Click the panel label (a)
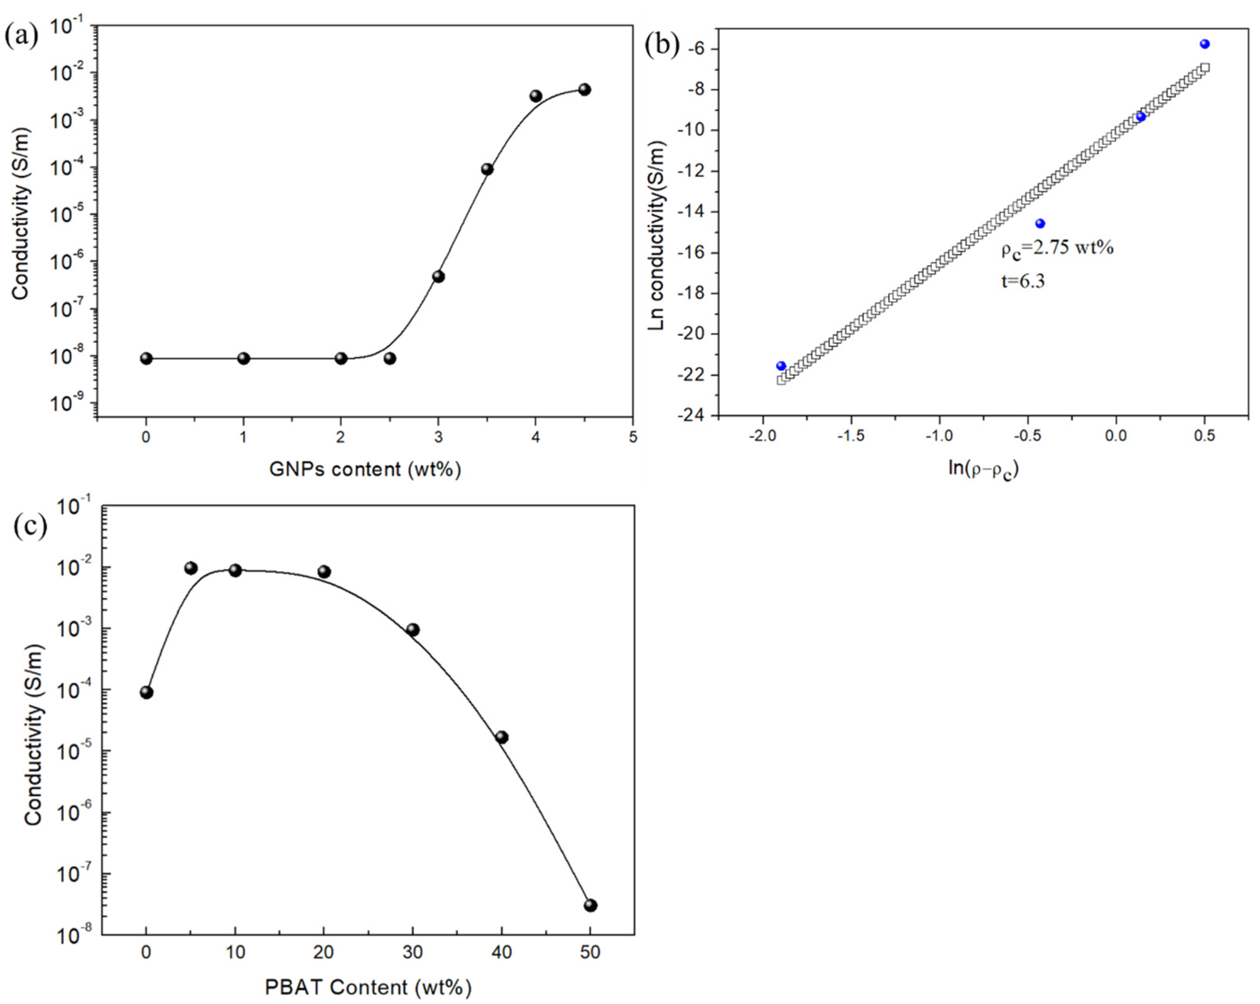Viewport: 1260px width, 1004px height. coord(21,36)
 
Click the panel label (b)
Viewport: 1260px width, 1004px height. coord(662,45)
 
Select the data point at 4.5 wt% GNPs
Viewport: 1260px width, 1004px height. coord(585,89)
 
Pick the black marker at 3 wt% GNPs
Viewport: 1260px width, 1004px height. coord(438,276)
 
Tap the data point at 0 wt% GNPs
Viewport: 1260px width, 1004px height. coord(146,359)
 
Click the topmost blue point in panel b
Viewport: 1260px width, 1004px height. coord(1204,44)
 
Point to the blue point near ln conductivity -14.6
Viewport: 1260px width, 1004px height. coord(1040,224)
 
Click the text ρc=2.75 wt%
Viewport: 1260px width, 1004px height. coord(1057,248)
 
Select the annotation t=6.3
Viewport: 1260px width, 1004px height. coord(1022,281)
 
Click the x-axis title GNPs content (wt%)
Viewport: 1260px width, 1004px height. coord(365,469)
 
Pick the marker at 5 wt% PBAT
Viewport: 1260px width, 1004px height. coord(191,568)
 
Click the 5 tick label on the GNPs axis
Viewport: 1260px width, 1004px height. coord(632,437)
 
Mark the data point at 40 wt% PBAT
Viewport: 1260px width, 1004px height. coord(501,737)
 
